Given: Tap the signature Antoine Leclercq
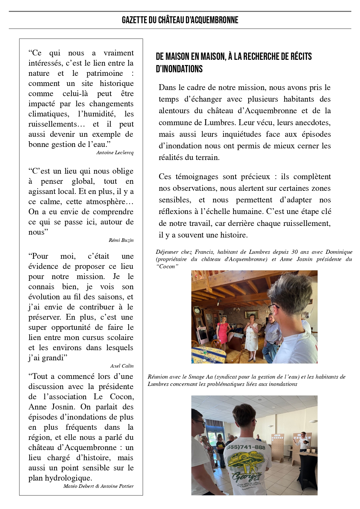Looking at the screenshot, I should (115, 153).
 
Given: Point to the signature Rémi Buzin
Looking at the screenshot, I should (121, 240).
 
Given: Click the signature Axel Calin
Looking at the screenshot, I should (122, 366).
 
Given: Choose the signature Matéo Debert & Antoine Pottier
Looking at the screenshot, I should (98, 486).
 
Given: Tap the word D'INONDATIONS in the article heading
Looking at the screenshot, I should (179, 69).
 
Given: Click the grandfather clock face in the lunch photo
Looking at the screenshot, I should (197, 311).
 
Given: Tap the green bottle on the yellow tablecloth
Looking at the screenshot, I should (205, 350).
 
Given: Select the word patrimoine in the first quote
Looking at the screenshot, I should (105, 73).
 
